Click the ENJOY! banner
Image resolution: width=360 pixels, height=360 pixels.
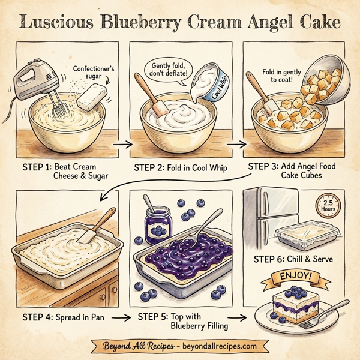pos(299,277)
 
